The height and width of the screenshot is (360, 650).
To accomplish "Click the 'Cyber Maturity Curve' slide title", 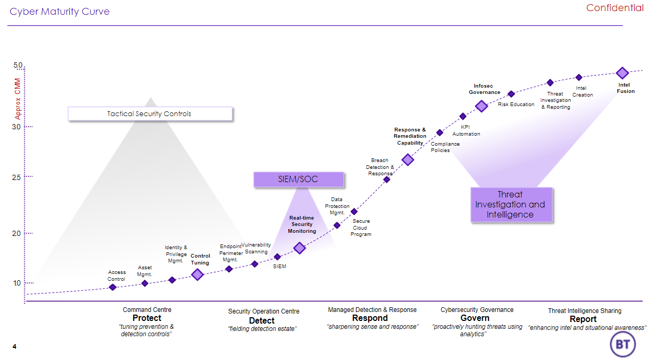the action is tap(60, 12).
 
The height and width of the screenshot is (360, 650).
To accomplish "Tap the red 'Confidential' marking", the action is tap(615, 8).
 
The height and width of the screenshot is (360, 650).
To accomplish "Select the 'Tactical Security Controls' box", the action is tap(150, 113).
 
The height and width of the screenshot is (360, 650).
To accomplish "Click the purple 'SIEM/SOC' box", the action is tap(298, 179).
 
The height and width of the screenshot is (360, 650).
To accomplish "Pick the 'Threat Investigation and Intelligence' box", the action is tap(511, 204).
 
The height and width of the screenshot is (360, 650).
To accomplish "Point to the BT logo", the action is tap(623, 344).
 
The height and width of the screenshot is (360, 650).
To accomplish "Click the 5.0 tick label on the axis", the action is tap(18, 65).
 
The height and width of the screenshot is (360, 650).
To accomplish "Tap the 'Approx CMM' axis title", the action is tap(18, 99).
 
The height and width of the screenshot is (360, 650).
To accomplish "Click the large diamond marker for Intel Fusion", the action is tap(622, 73).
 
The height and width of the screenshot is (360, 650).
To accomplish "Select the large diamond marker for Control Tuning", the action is tap(197, 274).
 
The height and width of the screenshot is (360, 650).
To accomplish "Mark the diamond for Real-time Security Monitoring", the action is tap(299, 248).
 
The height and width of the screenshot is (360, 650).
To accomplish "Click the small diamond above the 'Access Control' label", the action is tap(112, 287).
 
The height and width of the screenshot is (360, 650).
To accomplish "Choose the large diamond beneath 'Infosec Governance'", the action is tap(482, 106).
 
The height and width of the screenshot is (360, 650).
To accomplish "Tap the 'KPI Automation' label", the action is tap(466, 130).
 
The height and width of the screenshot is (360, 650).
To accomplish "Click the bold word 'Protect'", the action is tap(147, 318).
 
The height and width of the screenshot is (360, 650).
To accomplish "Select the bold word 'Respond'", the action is tap(370, 318).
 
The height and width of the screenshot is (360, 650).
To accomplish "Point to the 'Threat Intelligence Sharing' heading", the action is tap(585, 311).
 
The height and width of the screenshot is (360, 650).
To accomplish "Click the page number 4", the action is tap(14, 346).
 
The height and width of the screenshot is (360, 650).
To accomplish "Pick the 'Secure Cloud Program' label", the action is tap(361, 228).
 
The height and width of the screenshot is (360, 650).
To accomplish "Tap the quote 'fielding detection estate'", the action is tap(262, 329).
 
